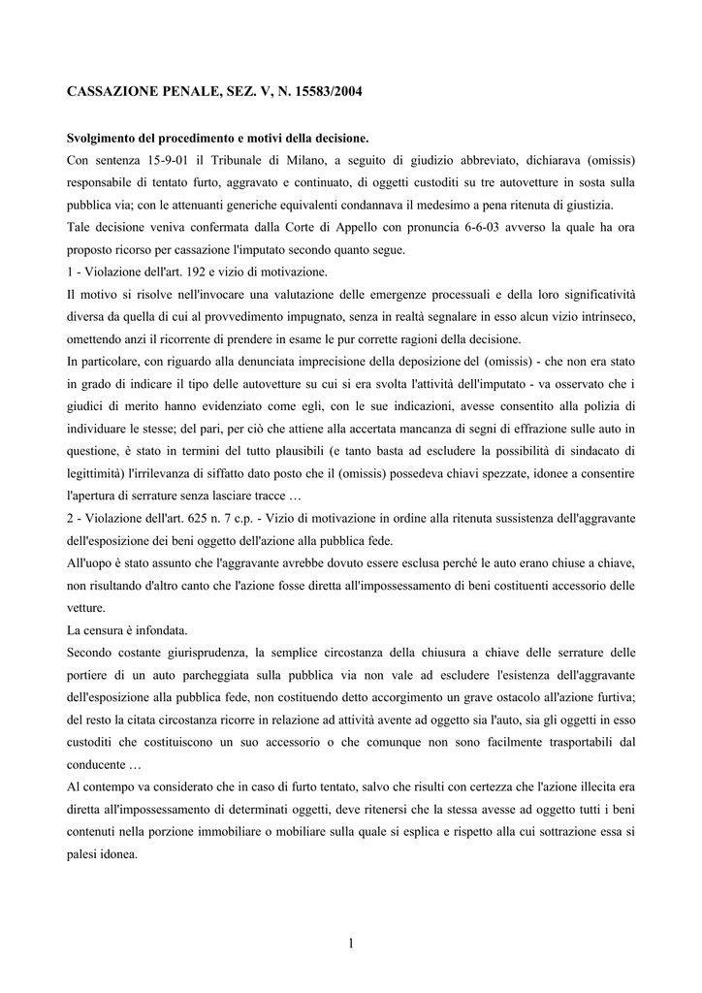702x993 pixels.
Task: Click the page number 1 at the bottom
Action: [x=351, y=943]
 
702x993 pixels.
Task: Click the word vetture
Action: [x=86, y=608]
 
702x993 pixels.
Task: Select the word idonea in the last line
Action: [x=116, y=854]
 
